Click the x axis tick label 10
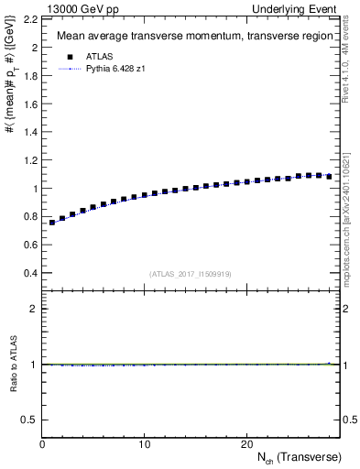(144, 444)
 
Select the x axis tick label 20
(246, 444)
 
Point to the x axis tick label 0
(42, 444)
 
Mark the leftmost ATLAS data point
(52, 223)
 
